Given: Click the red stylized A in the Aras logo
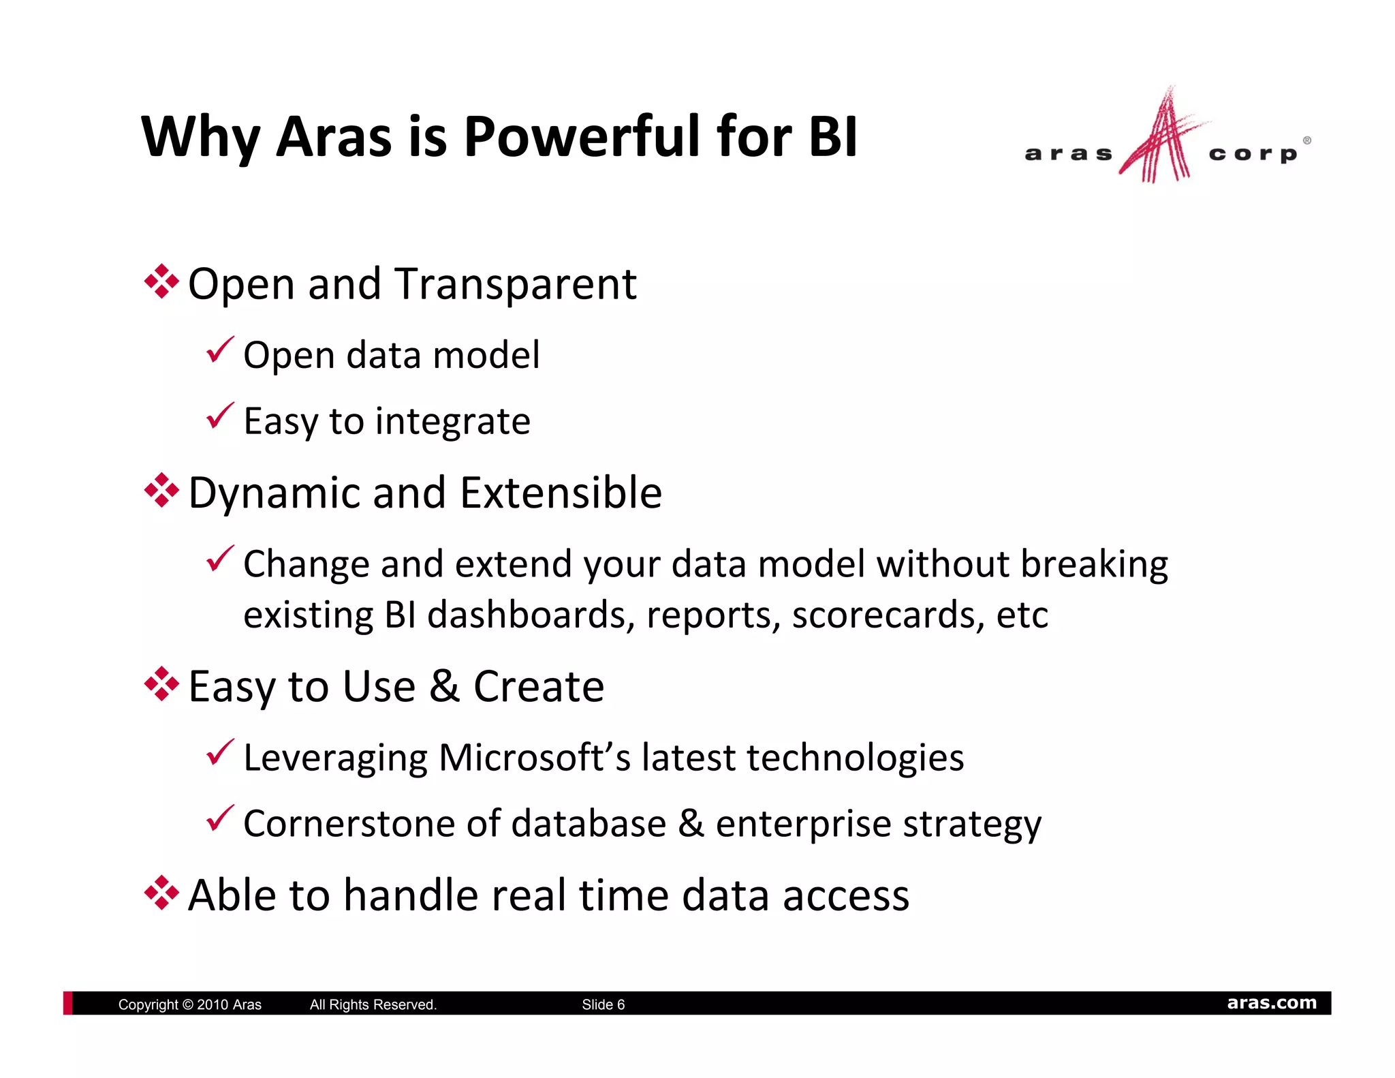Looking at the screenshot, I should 1161,140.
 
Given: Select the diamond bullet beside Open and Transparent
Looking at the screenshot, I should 161,281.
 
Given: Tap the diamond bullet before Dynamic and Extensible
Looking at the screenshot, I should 161,491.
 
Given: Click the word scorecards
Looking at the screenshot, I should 888,615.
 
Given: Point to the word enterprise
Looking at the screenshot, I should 803,825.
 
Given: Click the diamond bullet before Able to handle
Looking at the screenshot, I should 161,893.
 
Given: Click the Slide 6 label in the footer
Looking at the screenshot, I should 603,1004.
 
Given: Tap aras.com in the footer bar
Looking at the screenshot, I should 1271,1003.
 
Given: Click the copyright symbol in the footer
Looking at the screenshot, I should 188,1004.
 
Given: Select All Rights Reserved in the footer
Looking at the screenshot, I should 373,1004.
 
